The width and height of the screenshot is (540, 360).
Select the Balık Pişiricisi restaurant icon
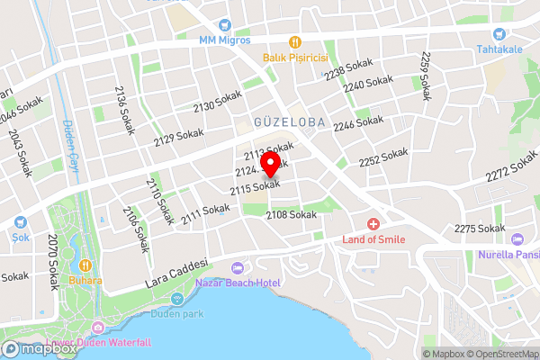pos(294,41)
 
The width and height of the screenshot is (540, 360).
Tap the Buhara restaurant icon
pos(85,265)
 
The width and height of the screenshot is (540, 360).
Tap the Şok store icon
pos(19,222)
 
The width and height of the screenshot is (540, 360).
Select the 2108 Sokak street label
pos(292,215)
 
